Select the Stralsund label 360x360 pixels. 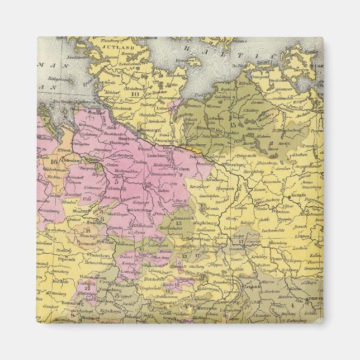pos(278,80)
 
